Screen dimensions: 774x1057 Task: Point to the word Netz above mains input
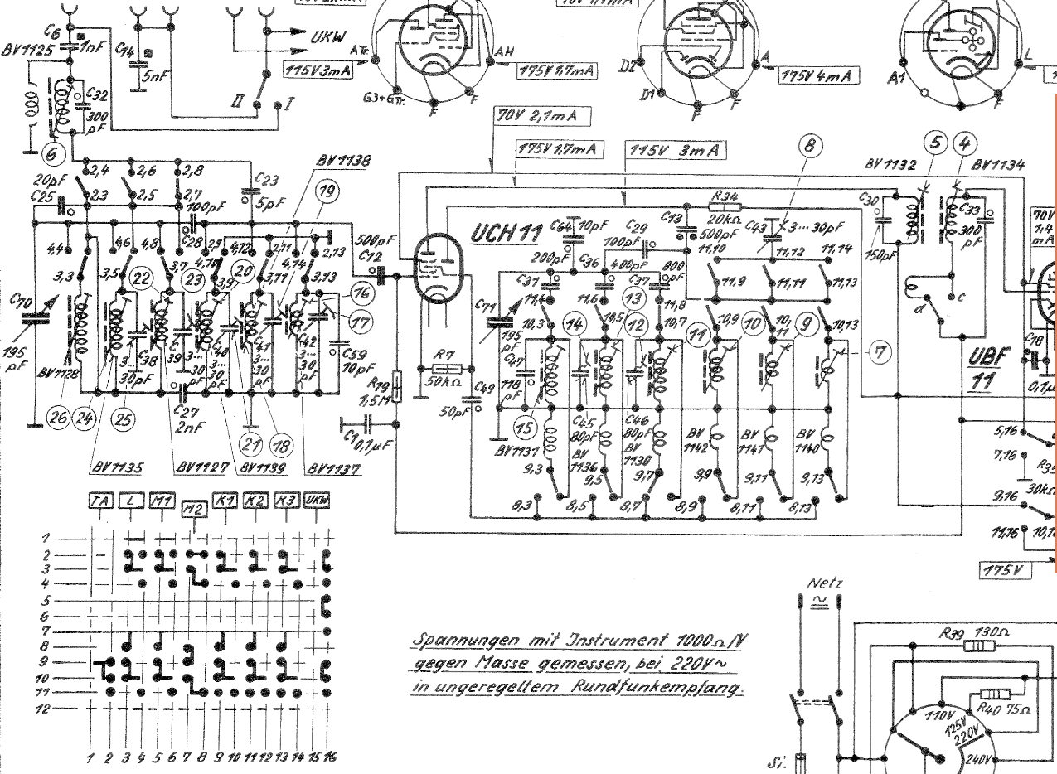(x=824, y=583)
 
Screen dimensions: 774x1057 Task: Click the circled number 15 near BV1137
(x=523, y=428)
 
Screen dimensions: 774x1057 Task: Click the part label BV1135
(x=116, y=467)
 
